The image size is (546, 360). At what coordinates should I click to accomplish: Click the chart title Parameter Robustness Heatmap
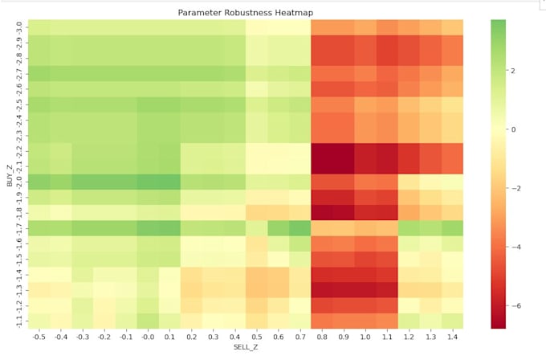[x=246, y=13]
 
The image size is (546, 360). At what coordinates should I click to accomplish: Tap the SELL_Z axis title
[x=246, y=347]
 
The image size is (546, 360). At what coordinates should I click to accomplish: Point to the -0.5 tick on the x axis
[x=39, y=337]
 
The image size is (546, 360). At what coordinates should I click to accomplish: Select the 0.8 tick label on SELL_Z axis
[x=322, y=337]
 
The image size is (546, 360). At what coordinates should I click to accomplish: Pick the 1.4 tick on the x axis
[x=453, y=337]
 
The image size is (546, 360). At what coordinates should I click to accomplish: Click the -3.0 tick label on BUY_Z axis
[x=19, y=27]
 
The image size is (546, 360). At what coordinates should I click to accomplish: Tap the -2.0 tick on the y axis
[x=19, y=182]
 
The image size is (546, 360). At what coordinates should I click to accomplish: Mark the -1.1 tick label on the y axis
[x=19, y=321]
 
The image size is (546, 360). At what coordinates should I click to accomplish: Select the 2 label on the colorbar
[x=512, y=71]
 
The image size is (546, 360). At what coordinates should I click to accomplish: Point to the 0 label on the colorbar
[x=513, y=129]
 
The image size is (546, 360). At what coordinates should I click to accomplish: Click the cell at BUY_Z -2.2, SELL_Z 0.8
[x=322, y=151]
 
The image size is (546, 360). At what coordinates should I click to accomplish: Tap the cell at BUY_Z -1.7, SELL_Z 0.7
[x=300, y=228]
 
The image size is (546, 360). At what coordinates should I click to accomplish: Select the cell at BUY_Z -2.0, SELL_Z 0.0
[x=148, y=182]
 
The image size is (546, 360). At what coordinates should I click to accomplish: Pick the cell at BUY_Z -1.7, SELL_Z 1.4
[x=453, y=228]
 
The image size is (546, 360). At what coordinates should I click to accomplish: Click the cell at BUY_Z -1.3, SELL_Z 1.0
[x=365, y=290]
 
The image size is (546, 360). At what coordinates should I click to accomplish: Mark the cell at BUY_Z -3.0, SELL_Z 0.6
[x=279, y=27]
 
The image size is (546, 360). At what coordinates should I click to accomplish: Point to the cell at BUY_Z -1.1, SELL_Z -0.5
[x=39, y=321]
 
